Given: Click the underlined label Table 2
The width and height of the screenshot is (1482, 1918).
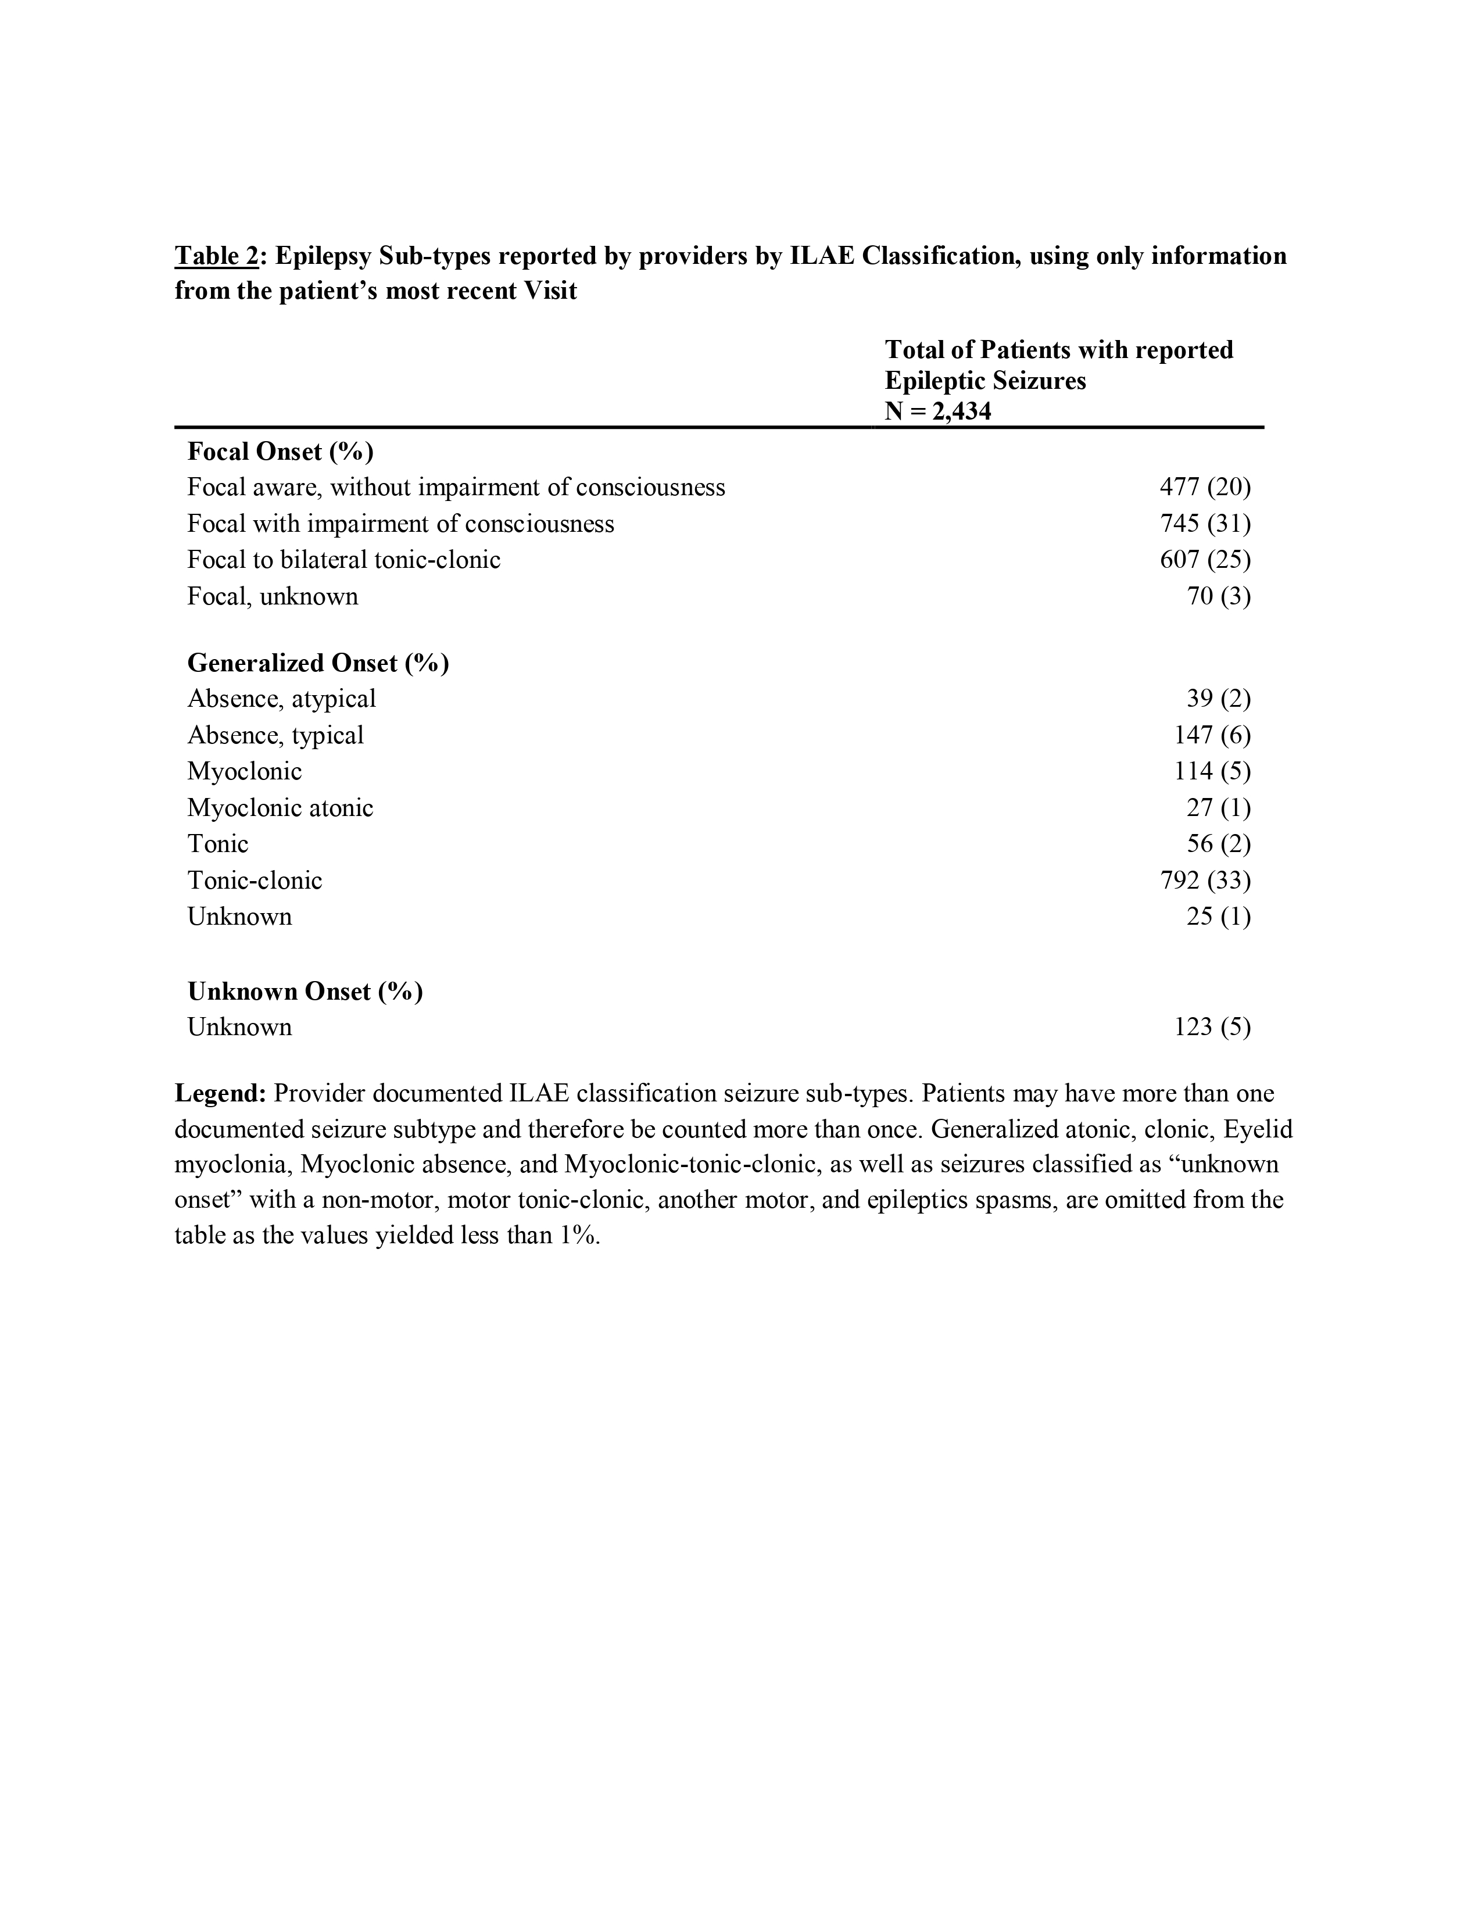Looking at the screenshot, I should pos(217,256).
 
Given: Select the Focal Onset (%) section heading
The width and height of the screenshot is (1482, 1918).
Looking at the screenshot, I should pos(280,452).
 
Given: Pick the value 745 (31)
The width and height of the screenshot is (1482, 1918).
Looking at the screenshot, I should pos(1205,524).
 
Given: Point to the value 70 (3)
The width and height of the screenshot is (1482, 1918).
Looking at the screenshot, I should pos(1218,596).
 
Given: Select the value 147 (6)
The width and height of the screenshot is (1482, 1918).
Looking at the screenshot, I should pos(1212,735).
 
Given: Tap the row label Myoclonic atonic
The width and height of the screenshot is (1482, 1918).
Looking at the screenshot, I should pos(280,808).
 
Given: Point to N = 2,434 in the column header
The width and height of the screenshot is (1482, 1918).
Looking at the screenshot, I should pos(937,411).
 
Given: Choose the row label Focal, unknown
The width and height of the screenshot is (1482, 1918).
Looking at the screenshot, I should pos(272,596).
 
